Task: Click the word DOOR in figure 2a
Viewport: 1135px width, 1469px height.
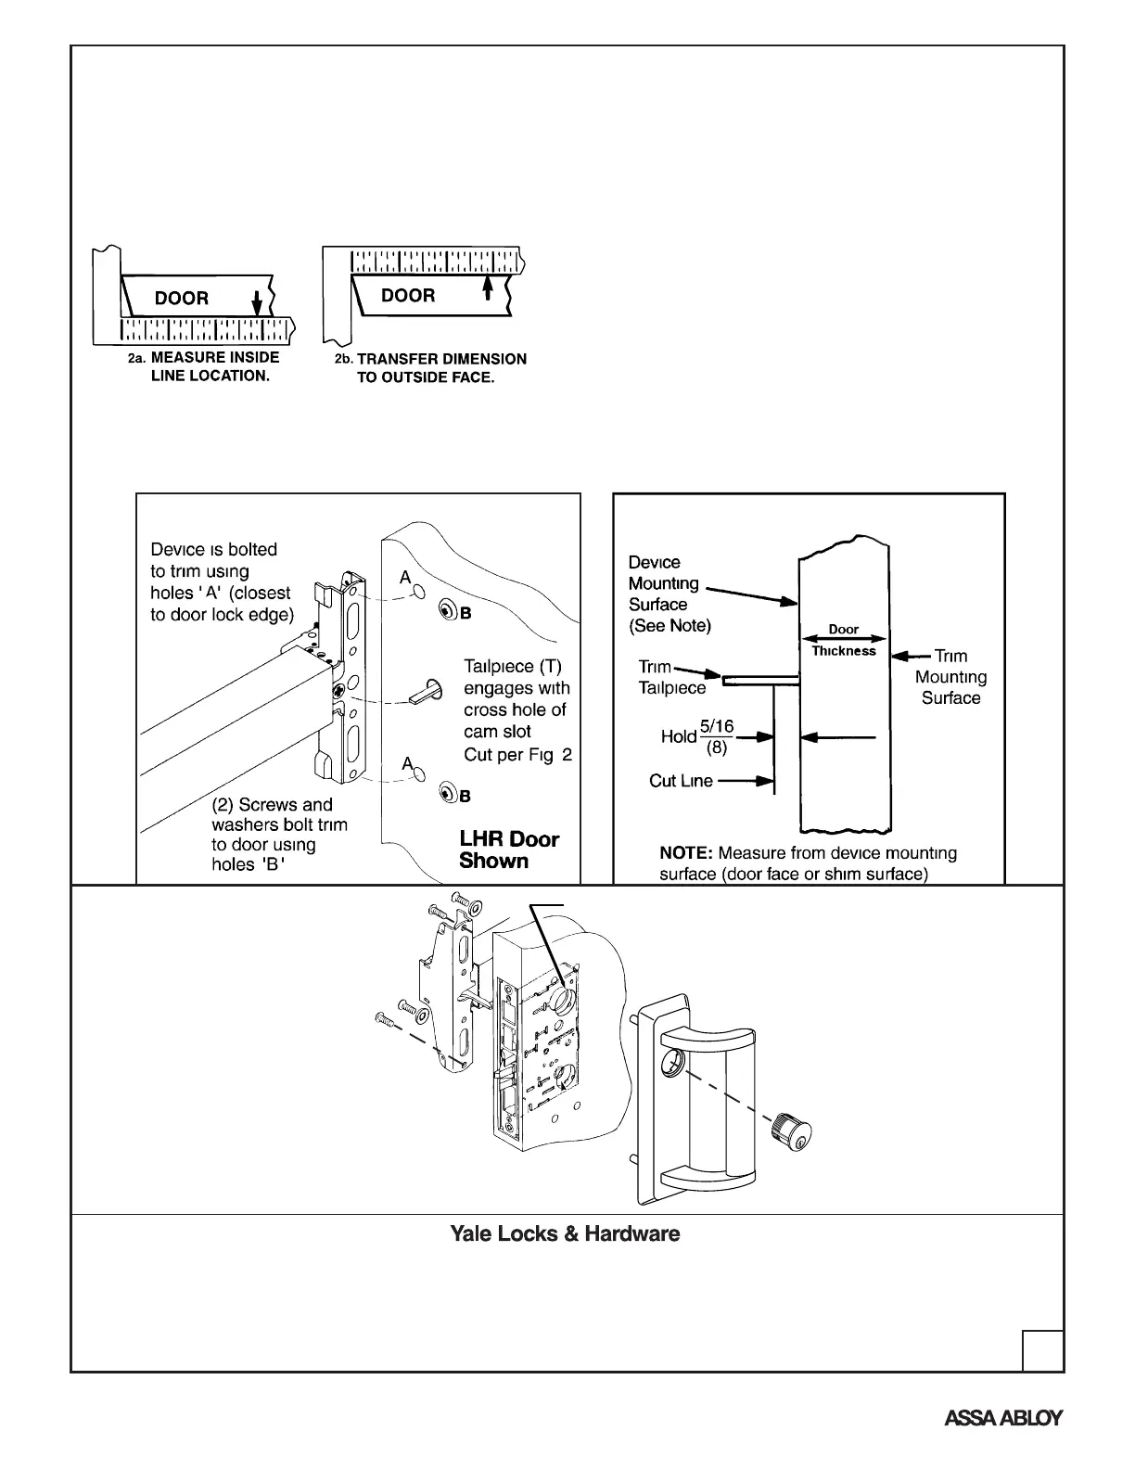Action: [182, 299]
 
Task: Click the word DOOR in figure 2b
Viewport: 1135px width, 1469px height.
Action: [408, 296]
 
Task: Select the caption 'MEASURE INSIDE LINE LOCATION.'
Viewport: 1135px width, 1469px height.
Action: [214, 367]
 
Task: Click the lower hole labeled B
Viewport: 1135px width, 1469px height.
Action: [447, 793]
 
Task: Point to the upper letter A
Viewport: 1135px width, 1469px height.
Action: [405, 578]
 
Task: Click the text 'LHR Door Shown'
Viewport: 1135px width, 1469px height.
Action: [509, 850]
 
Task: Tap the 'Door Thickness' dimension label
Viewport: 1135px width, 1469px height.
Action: [844, 640]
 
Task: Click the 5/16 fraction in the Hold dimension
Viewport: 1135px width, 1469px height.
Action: [717, 727]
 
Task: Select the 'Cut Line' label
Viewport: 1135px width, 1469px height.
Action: [681, 781]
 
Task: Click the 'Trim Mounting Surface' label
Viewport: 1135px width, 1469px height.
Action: [950, 677]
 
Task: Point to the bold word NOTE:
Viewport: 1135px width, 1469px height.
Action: [686, 853]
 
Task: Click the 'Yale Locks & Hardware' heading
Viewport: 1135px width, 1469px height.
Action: [565, 1234]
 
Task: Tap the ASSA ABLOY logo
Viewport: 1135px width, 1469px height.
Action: [1003, 1418]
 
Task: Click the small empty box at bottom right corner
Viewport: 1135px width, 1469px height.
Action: [1042, 1350]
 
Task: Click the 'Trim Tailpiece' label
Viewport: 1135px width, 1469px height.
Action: [671, 678]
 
